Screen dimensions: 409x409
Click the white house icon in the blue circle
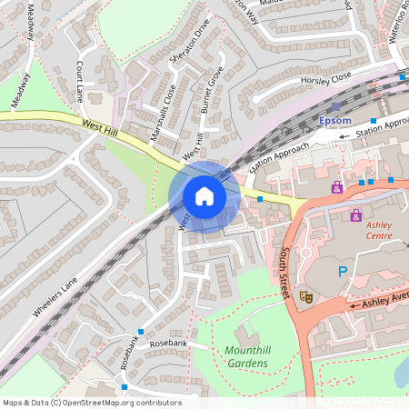[x=204, y=196]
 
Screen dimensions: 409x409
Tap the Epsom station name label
[x=336, y=120]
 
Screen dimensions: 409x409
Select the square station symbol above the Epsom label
[x=335, y=106]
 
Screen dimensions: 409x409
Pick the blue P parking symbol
[x=343, y=272]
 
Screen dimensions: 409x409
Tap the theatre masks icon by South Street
[x=307, y=295]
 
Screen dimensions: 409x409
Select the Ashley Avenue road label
[x=387, y=301]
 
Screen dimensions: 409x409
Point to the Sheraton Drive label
[x=189, y=44]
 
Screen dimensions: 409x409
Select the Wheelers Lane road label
[x=55, y=296]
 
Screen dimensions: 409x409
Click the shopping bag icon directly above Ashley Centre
[x=355, y=215]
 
